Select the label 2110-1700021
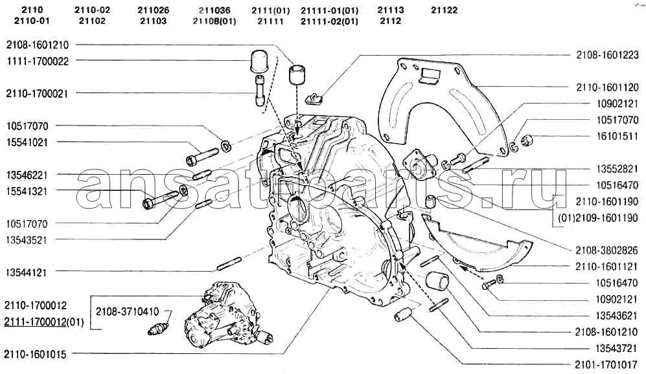pos(38,93)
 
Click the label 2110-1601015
pos(38,354)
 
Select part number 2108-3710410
pos(127,311)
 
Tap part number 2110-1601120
pos(606,86)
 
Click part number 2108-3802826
pos(606,249)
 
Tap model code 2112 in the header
pos(391,21)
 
